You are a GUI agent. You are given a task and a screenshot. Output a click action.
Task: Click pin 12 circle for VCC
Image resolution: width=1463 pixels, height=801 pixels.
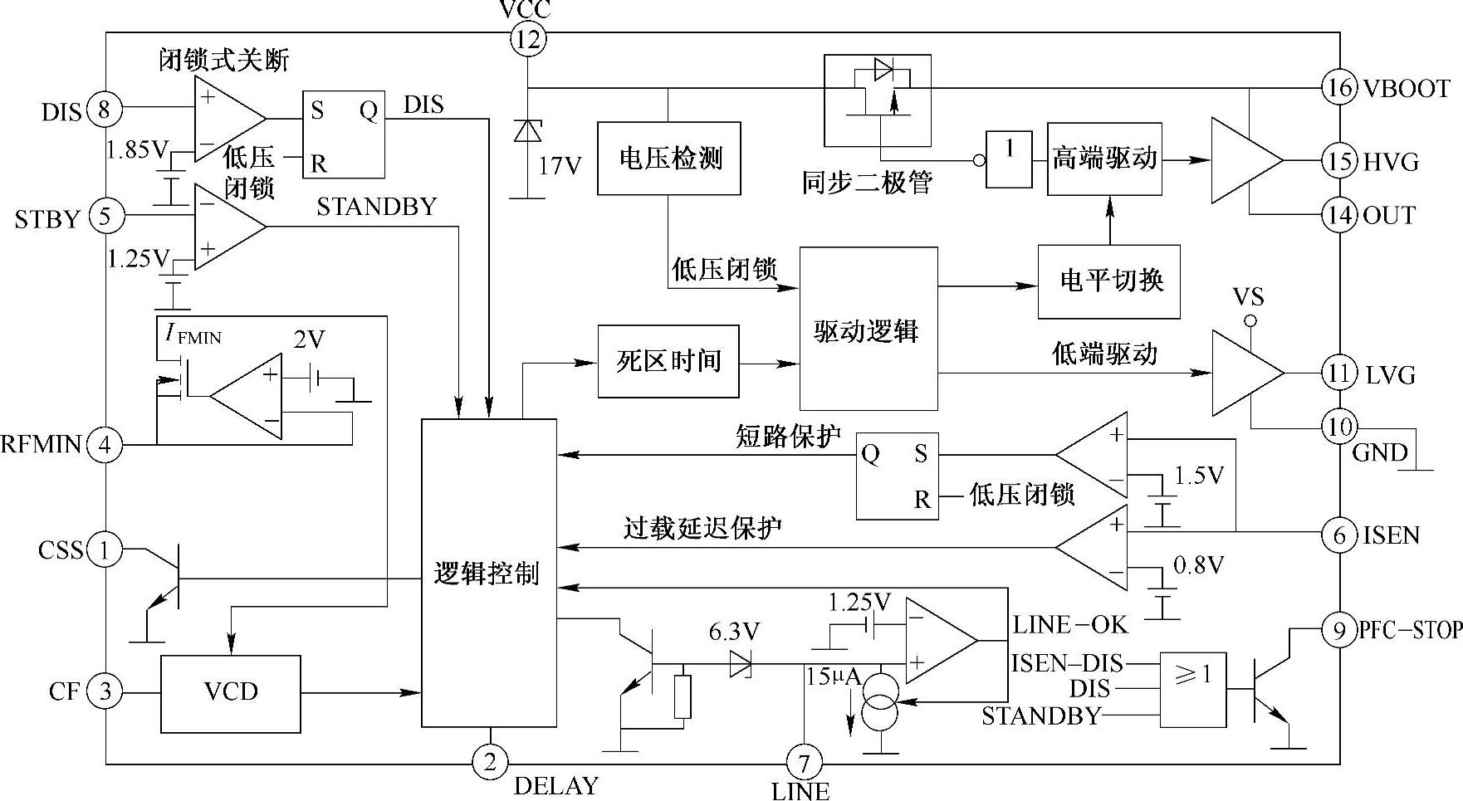tap(528, 39)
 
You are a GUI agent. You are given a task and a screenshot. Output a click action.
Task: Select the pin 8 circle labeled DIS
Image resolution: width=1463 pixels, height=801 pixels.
tap(105, 109)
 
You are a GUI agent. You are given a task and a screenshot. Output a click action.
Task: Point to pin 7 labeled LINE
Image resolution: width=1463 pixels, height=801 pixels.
tap(804, 761)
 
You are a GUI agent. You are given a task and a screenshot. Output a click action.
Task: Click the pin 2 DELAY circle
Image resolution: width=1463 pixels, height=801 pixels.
tap(490, 761)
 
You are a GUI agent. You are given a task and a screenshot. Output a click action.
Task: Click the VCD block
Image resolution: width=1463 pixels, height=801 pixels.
tap(231, 694)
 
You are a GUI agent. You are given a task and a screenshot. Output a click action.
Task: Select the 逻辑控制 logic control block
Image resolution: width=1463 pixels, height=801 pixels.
tap(489, 574)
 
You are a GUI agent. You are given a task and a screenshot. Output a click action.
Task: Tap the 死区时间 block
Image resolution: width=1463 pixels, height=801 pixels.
tap(668, 362)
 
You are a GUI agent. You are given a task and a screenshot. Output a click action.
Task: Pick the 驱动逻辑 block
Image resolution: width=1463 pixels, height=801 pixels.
tap(869, 329)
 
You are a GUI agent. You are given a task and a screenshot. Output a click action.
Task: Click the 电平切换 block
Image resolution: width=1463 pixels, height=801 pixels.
tap(1109, 281)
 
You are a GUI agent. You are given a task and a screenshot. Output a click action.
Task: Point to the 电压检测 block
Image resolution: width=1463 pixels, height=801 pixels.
tap(669, 159)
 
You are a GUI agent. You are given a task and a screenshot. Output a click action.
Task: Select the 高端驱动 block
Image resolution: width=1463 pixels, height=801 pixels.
tap(1104, 159)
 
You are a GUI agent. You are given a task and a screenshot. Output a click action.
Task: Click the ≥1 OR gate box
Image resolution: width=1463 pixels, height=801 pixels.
tap(1193, 690)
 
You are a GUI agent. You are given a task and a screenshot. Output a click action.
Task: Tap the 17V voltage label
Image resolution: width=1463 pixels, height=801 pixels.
tap(560, 166)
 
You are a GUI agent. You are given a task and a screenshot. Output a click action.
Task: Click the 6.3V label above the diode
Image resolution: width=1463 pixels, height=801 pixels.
tap(734, 632)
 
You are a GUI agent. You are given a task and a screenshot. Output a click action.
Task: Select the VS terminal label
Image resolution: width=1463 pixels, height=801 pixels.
tap(1250, 297)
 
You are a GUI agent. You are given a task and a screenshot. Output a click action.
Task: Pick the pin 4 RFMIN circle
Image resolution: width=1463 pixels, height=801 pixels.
tap(105, 445)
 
